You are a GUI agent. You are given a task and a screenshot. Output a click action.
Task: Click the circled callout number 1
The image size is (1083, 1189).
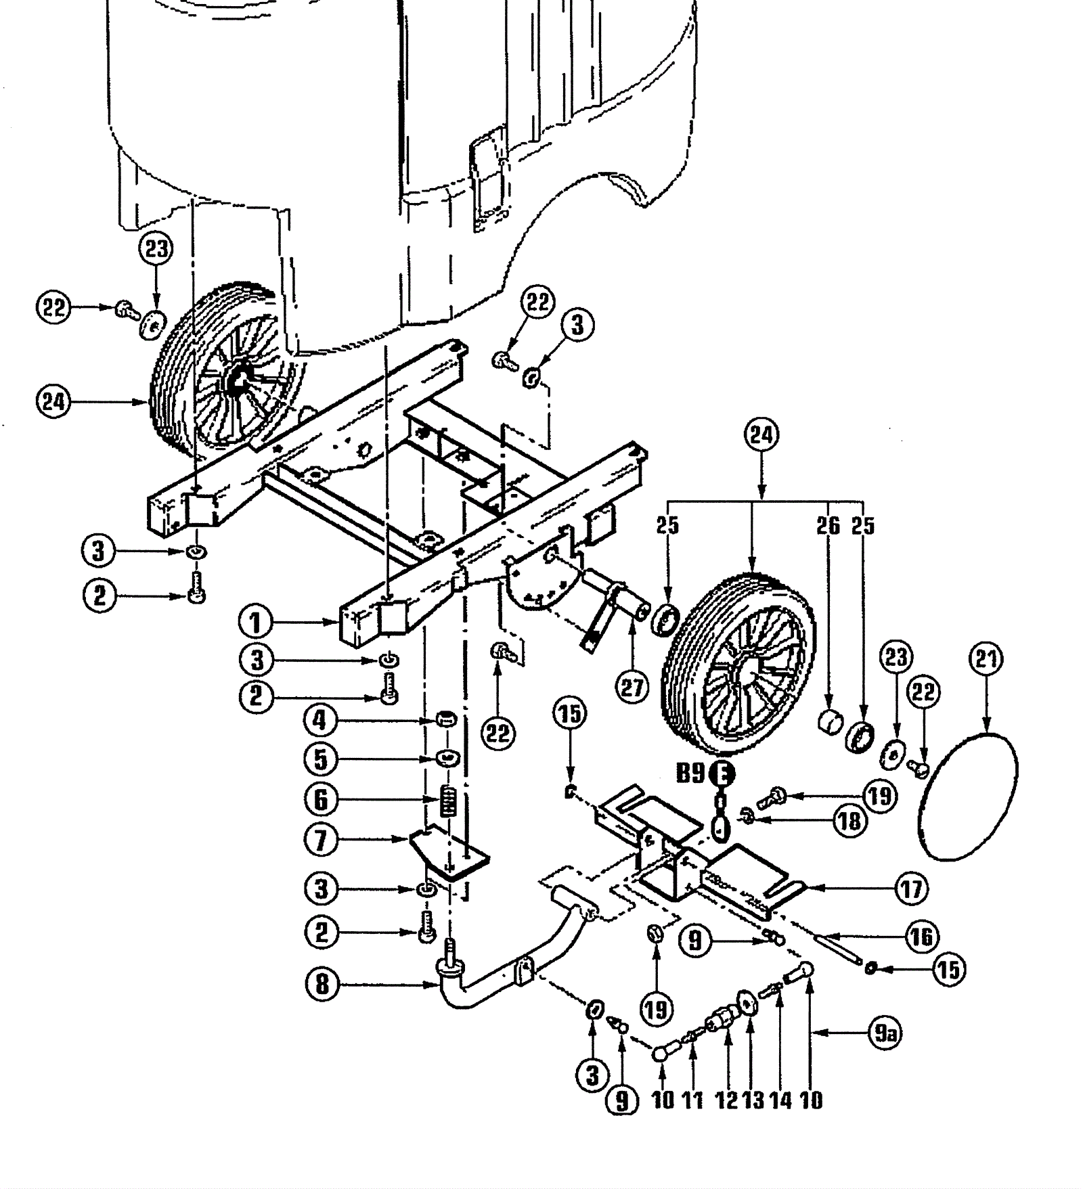click(256, 622)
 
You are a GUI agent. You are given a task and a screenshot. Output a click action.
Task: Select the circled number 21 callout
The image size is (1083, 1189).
click(986, 658)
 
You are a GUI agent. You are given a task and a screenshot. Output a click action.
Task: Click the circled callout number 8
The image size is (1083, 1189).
click(322, 984)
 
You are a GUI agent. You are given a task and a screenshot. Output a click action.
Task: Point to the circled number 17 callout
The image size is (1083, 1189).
click(911, 888)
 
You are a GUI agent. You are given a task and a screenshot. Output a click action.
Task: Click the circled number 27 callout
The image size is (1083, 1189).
click(632, 687)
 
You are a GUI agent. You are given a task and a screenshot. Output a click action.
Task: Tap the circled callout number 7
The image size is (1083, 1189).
click(322, 840)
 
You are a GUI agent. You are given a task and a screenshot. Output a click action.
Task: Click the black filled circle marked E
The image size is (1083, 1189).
click(722, 773)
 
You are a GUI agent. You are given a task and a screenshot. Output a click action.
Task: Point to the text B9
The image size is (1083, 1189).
click(691, 773)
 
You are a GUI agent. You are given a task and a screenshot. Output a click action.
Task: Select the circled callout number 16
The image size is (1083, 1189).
click(921, 937)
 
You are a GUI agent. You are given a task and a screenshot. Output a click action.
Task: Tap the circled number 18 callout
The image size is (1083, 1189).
click(849, 821)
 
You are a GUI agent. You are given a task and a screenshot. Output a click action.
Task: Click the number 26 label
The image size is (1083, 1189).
click(828, 526)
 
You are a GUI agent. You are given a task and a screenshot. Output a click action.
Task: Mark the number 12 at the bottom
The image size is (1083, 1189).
click(727, 1100)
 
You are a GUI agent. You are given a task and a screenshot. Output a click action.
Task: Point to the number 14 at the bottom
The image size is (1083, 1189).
click(780, 1100)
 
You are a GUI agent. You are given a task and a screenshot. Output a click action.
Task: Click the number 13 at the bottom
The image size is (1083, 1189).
click(753, 1100)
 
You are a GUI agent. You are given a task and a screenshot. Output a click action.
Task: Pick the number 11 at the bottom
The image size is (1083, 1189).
click(692, 1100)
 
